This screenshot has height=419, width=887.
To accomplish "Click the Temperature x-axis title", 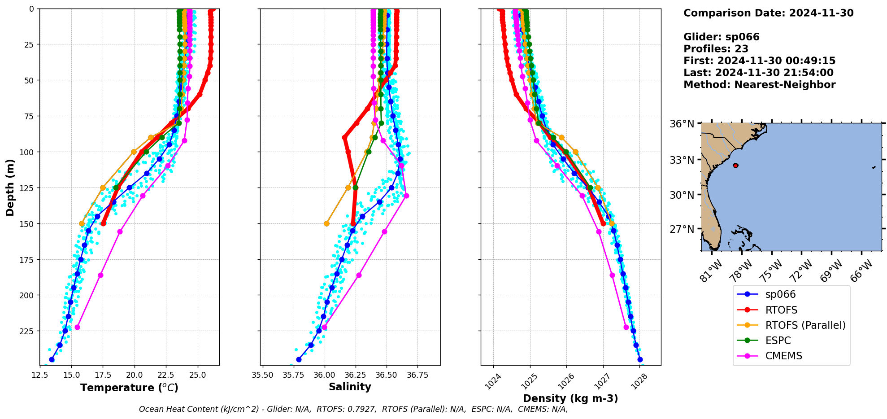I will coord(129,388).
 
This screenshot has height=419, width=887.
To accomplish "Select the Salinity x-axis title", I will coord(350,387).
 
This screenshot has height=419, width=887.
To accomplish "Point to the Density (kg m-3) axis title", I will coord(570,398).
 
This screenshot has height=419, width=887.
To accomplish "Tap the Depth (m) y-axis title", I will coord(10,187).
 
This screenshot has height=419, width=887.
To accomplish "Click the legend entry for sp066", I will coord(780,295).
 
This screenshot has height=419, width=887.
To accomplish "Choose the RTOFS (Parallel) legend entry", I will coord(805,325).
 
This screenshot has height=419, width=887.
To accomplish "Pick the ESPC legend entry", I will coord(778,340).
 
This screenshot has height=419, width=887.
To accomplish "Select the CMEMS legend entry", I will coord(783,356).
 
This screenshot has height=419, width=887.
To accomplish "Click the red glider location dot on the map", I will coord(735,166).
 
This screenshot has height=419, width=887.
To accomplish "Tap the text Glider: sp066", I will coord(721,37).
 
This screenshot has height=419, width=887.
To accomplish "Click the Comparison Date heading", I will coord(768,13).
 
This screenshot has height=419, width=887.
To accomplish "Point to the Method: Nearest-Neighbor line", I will coord(759,85).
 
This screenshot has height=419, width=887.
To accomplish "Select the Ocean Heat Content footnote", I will coord(353,409).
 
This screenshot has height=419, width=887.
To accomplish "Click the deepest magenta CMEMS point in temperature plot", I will coord(77,327).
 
